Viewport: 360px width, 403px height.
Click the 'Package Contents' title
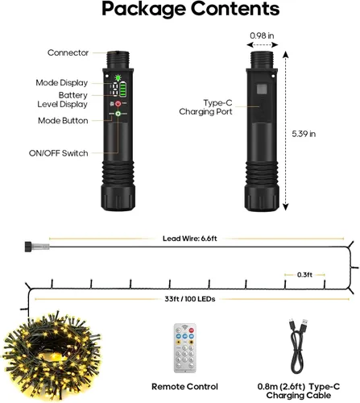tap(191, 10)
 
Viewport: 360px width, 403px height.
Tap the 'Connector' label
tap(68, 52)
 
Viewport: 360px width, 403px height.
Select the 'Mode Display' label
tap(62, 82)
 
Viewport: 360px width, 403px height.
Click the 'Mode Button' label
tap(63, 121)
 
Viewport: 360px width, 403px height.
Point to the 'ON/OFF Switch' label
tap(58, 153)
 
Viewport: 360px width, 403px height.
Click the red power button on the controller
tap(118, 104)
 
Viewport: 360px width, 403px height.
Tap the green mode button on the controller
tap(118, 114)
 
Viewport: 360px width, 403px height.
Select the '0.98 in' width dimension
tap(262, 35)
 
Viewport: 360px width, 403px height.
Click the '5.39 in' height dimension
tap(304, 134)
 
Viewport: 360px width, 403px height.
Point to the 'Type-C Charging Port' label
tap(205, 107)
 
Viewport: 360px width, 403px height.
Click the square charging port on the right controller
tap(262, 89)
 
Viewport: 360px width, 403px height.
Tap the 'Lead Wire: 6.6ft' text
tap(190, 239)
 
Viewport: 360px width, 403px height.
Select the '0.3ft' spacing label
tap(304, 275)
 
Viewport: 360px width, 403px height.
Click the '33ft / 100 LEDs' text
tap(190, 299)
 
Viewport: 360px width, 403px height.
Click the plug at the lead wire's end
tap(37, 247)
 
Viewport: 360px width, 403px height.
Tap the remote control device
tap(185, 348)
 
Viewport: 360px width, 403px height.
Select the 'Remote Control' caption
tap(184, 386)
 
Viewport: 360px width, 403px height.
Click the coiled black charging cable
tap(298, 346)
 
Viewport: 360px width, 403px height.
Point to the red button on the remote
tap(192, 330)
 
